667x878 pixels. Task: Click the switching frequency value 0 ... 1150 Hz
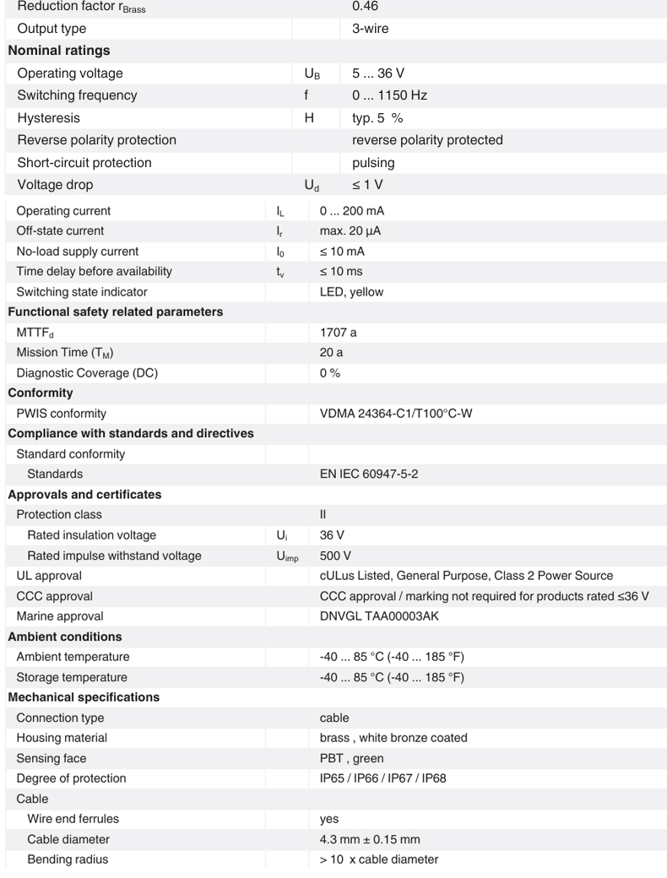tap(389, 95)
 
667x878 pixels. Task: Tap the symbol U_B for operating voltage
tap(312, 73)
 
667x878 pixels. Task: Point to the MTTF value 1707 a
tap(339, 333)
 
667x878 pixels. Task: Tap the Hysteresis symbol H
tap(309, 118)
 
